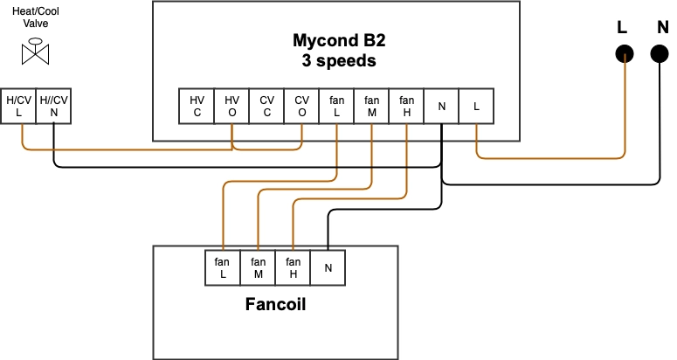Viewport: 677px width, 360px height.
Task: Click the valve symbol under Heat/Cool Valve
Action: coord(36,54)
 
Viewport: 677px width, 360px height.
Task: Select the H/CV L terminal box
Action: coord(18,107)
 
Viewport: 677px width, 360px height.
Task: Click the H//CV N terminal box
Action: coord(53,107)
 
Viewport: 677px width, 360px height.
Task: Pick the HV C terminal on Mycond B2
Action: coord(197,107)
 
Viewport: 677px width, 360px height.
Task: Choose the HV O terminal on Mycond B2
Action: coord(231,107)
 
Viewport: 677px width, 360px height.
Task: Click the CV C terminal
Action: coord(266,107)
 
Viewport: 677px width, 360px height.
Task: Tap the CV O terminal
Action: coord(301,107)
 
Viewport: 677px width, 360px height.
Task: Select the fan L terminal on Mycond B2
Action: coord(336,107)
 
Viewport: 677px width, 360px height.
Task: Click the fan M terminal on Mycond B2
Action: coord(371,107)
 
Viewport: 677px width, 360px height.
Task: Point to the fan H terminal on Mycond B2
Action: coord(406,107)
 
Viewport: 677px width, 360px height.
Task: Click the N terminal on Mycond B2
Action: coord(441,107)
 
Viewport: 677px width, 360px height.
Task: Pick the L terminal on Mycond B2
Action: coord(476,107)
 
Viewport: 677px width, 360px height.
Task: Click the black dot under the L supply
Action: coord(624,54)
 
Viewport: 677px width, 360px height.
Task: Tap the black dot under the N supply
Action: coord(660,54)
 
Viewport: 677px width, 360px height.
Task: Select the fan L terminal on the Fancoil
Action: coord(223,267)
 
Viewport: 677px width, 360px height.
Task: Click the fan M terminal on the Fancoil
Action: coord(258,267)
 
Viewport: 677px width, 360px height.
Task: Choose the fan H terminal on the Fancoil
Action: coord(293,267)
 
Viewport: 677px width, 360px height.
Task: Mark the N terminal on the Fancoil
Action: coord(328,267)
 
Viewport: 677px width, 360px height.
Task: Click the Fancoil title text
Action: coord(275,307)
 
